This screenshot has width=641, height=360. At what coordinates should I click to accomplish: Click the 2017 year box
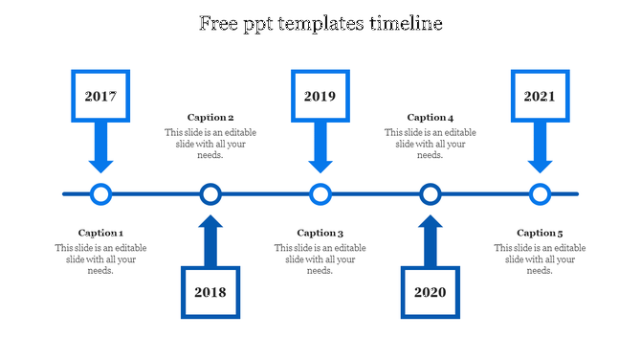[100, 97]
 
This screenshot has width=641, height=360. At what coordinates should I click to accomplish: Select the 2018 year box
[210, 291]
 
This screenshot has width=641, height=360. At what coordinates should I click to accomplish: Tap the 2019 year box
[320, 97]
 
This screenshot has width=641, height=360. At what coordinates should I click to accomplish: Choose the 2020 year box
[431, 291]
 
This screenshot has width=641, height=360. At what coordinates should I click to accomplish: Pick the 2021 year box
[541, 97]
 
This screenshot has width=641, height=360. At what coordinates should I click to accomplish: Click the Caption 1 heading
[100, 233]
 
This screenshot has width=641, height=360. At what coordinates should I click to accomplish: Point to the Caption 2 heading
[210, 118]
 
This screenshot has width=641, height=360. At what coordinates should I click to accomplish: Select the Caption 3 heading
[320, 233]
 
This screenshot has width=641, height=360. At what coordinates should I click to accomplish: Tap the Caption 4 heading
[431, 118]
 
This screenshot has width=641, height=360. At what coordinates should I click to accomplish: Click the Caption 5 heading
[541, 233]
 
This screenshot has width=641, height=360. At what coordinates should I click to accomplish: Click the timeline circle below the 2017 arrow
[100, 194]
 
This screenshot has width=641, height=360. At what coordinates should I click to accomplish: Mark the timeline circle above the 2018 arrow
[210, 194]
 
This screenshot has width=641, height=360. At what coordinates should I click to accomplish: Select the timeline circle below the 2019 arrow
[320, 194]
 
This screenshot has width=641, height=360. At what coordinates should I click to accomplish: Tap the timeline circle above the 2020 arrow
[431, 194]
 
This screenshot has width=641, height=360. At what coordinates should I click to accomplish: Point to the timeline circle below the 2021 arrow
[541, 194]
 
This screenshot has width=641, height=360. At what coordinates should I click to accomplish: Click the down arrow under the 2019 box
[320, 148]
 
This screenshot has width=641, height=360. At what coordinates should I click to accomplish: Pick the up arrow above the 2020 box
[431, 241]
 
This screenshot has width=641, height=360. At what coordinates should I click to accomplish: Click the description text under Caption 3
[320, 259]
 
